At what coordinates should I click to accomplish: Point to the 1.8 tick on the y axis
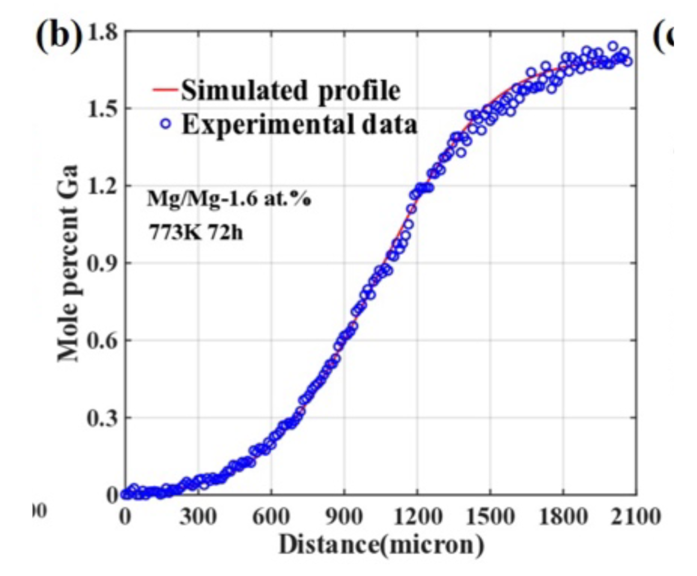click(101, 33)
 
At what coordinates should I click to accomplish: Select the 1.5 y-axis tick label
click(101, 109)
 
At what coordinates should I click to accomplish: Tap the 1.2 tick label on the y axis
click(101, 186)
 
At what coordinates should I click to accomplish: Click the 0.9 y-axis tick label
click(101, 263)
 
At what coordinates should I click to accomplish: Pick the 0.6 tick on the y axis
click(101, 340)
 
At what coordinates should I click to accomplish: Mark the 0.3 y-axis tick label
click(101, 418)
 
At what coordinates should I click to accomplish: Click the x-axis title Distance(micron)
click(381, 544)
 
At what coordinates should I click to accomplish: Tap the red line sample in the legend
click(165, 90)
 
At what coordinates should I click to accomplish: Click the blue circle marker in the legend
click(166, 124)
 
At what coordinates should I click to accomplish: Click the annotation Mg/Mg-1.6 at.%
click(229, 200)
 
